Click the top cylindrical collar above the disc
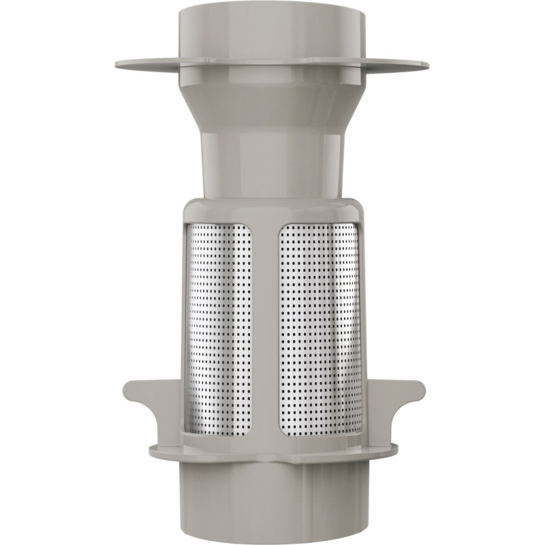pos(272,34)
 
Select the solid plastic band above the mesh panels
pos(272,210)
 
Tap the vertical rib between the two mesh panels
pos(266,327)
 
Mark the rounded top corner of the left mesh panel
pos(192,228)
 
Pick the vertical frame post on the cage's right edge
pos(363,327)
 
